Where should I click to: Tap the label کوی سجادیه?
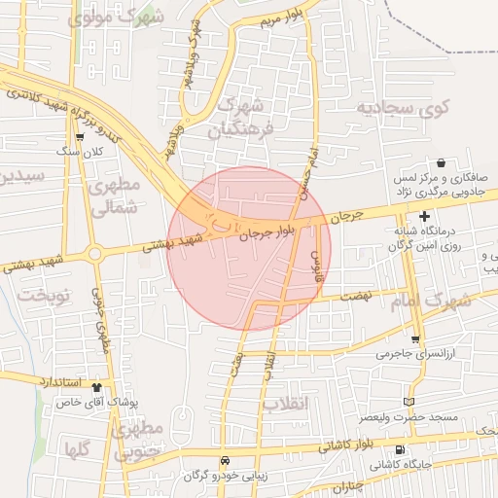point(400,106)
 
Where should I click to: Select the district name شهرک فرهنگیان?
point(242,115)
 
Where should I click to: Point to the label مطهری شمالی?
point(116,196)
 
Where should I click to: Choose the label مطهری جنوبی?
point(135,440)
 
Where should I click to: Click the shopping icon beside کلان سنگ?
point(79,137)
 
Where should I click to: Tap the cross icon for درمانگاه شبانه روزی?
point(424,216)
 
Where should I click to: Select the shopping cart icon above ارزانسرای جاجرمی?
point(416,339)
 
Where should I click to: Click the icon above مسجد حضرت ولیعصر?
point(409,402)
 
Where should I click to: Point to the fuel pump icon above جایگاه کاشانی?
point(401,449)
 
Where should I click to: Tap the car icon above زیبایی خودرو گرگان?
point(225,461)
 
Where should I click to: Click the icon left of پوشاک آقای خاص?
point(124,386)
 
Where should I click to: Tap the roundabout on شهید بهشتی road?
point(95,254)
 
